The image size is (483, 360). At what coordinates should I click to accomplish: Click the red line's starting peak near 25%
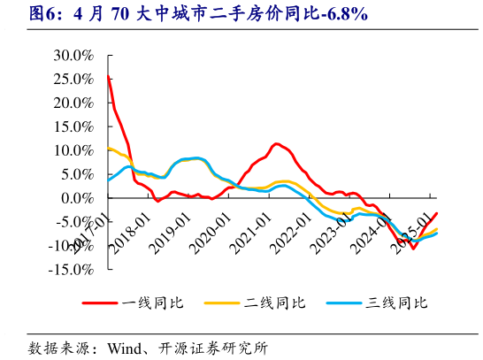[x=108, y=76]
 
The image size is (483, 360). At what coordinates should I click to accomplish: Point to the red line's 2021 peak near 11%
[x=277, y=143]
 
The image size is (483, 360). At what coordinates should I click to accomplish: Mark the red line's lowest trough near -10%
[x=413, y=248]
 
